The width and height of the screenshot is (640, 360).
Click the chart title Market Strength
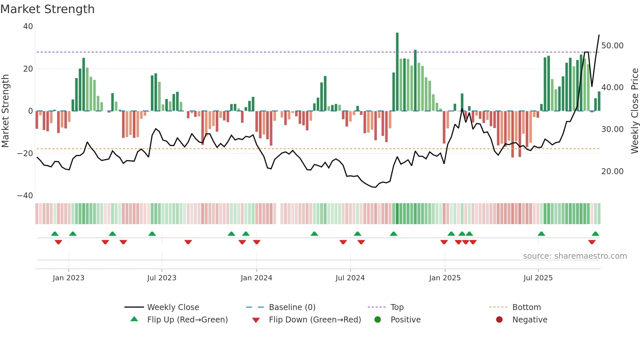(x=47, y=9)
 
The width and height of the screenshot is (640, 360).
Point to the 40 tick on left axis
(x=28, y=26)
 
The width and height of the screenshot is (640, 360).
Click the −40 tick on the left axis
(x=25, y=196)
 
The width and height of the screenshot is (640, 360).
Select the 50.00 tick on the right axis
(x=612, y=46)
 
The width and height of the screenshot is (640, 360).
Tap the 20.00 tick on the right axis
(x=612, y=172)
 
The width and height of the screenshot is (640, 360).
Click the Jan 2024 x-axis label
(x=256, y=278)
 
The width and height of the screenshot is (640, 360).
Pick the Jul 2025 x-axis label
(x=538, y=278)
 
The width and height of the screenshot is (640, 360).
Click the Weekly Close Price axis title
(x=634, y=111)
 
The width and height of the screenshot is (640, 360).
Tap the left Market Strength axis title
(x=5, y=111)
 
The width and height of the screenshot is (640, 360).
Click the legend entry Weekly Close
(x=173, y=307)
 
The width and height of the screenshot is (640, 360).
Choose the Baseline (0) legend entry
(x=292, y=307)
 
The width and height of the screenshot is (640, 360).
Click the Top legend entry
(x=397, y=307)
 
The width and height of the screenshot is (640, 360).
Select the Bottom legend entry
(x=526, y=307)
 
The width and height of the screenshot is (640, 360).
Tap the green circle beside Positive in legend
(x=377, y=320)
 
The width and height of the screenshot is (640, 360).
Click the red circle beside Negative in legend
(x=499, y=320)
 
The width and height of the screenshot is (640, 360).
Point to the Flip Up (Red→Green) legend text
(x=187, y=320)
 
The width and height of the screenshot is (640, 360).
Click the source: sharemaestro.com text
(x=575, y=256)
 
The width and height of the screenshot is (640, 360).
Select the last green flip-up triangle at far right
(x=595, y=234)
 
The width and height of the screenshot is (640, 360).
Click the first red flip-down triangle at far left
(x=58, y=242)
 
